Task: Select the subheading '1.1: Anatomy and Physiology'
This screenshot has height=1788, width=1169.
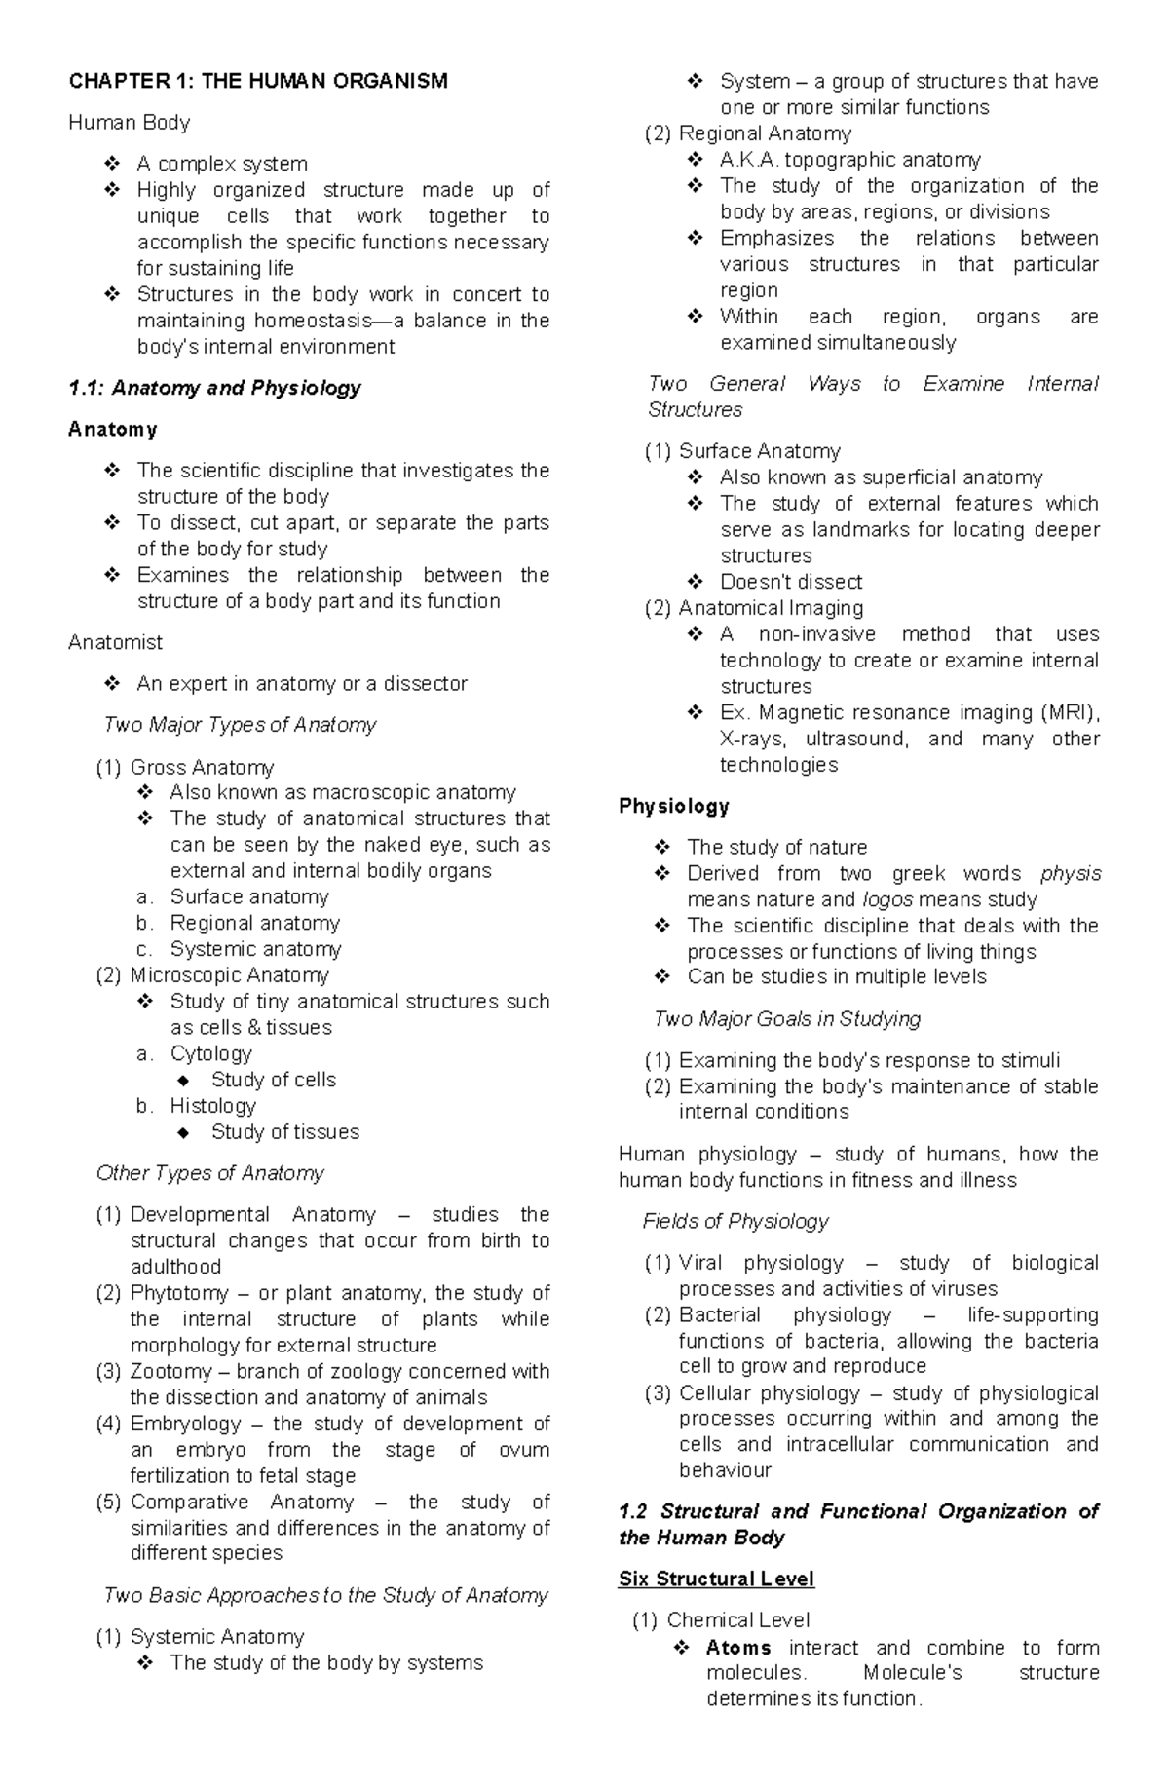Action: coord(214,388)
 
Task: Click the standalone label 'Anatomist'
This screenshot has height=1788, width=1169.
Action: coord(115,642)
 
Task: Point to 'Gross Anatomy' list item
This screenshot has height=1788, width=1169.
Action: coord(202,767)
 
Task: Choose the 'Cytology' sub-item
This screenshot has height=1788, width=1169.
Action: coord(210,1053)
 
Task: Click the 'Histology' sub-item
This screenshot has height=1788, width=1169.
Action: coord(212,1106)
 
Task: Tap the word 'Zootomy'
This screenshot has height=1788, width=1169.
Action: coord(170,1371)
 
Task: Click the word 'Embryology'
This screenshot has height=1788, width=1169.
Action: coord(185,1424)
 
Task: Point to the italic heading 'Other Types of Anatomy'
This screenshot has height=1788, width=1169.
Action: coord(209,1173)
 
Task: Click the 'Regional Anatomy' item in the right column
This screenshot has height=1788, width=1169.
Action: coord(765,133)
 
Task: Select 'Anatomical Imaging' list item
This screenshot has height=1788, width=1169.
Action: coord(771,608)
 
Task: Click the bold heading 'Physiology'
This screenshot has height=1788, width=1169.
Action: coord(674,806)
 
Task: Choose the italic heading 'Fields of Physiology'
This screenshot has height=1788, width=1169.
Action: coord(735,1221)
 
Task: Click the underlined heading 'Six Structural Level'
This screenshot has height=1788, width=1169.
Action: coord(716,1579)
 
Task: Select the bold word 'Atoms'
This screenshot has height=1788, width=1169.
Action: coord(738,1648)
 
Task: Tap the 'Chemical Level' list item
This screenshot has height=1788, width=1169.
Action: coord(737,1620)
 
